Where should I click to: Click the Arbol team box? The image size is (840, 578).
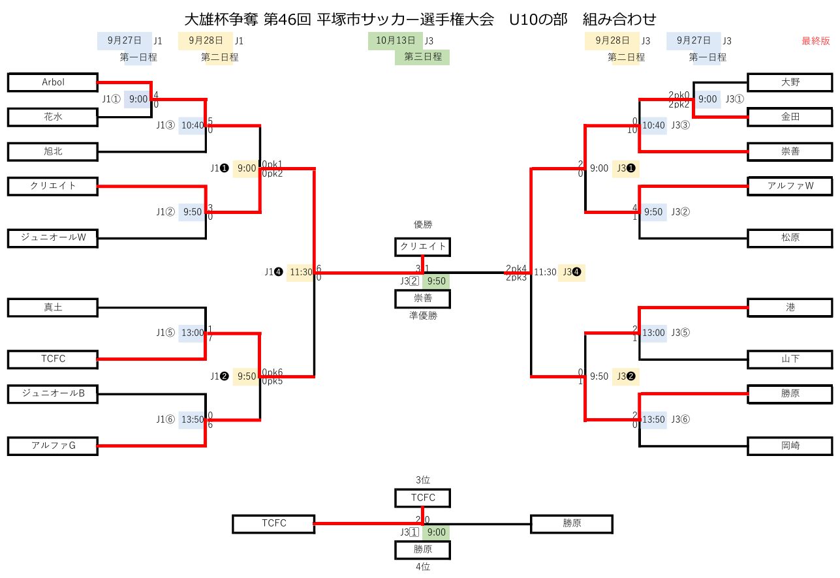tap(53, 82)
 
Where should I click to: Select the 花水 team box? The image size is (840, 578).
tap(53, 117)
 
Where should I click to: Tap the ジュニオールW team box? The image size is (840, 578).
tap(53, 238)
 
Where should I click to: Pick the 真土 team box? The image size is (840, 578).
tap(53, 307)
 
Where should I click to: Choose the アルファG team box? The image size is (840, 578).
tap(53, 446)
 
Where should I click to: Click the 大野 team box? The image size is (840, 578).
tap(790, 82)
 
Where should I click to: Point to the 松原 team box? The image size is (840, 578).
tap(790, 238)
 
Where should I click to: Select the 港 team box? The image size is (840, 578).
tap(790, 307)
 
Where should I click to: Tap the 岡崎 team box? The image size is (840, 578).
tap(790, 446)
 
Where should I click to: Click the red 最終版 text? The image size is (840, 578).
tap(816, 41)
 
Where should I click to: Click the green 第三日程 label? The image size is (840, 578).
tap(422, 57)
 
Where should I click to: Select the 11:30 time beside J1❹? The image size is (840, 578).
tap(301, 272)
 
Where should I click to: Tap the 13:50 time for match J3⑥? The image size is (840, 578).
tap(653, 419)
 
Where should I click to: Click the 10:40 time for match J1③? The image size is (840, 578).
tap(193, 125)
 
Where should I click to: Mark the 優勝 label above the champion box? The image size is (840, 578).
tap(423, 224)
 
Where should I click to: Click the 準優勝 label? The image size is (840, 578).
tap(423, 316)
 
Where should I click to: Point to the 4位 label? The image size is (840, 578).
tap(423, 567)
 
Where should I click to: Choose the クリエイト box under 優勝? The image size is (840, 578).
tap(423, 247)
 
